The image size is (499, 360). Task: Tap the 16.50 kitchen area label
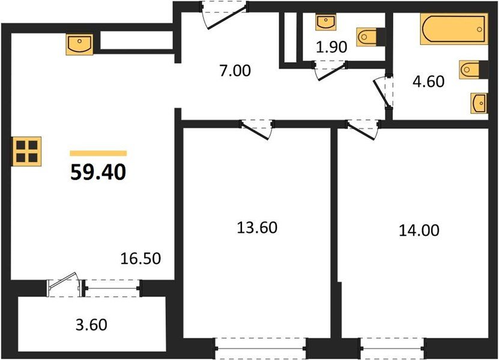click(141, 260)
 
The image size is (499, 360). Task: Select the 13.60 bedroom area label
click(257, 228)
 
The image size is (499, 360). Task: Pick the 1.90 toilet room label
click(331, 47)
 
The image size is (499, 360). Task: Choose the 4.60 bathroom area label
click(428, 81)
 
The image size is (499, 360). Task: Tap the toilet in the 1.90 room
click(368, 37)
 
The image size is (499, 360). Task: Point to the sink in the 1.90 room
click(324, 23)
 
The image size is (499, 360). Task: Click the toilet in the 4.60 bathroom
click(471, 70)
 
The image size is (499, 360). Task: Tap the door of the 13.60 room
click(257, 128)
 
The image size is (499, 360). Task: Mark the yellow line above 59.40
click(98, 154)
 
